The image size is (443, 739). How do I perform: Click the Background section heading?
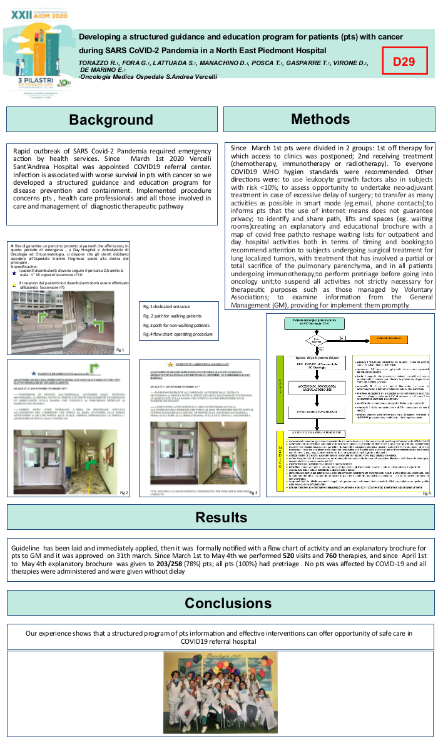[111, 120]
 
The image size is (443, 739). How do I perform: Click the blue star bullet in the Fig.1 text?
[14, 273]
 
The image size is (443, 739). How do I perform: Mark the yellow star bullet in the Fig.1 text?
[14, 284]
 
